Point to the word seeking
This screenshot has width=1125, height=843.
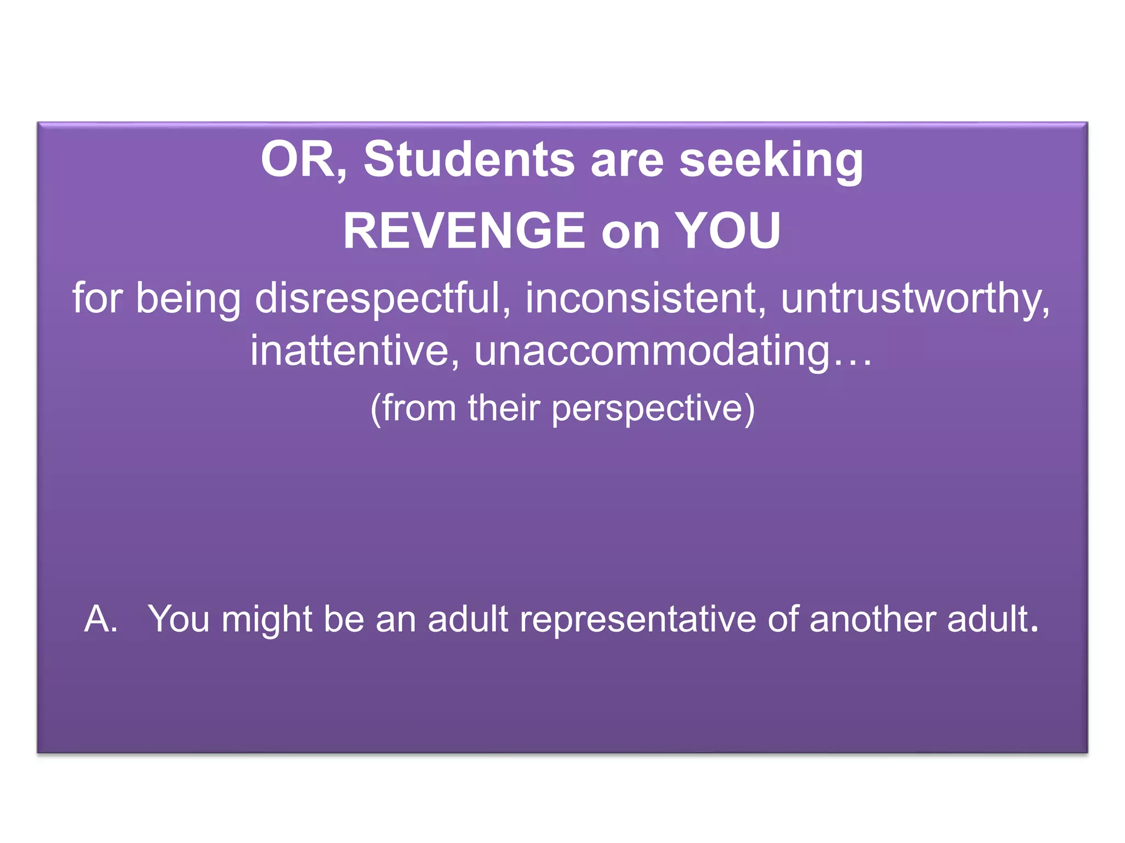[x=771, y=160]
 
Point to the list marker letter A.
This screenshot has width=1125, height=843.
[x=100, y=619]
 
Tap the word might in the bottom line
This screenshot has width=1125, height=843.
[x=267, y=619]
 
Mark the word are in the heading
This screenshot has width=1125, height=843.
[x=627, y=160]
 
